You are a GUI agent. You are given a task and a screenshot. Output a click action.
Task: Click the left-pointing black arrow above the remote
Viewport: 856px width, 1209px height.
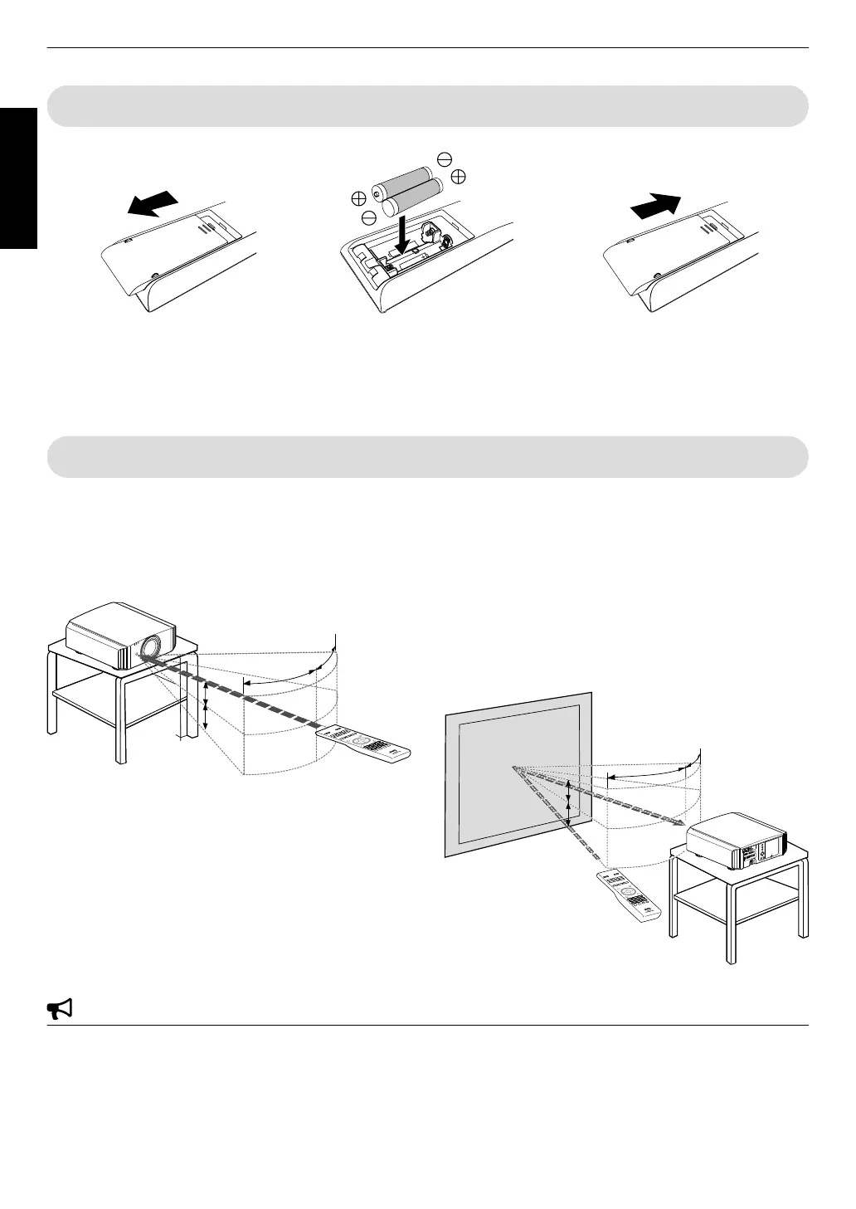[x=153, y=202]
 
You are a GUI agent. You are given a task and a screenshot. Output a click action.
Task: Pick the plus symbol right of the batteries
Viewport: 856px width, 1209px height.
[x=459, y=176]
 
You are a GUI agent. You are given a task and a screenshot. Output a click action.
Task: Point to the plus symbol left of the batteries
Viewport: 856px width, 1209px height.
[x=357, y=198]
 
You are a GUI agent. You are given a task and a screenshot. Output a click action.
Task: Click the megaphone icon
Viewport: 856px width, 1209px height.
[x=59, y=1009]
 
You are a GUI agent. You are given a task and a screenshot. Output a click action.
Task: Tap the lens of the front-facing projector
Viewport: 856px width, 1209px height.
[x=152, y=646]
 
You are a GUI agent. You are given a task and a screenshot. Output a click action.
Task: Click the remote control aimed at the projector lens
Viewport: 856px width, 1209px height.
[x=365, y=743]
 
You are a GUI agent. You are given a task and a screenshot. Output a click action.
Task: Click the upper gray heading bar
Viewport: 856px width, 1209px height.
[x=427, y=106]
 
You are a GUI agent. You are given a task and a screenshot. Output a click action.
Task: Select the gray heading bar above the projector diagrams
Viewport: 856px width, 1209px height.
[x=427, y=456]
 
